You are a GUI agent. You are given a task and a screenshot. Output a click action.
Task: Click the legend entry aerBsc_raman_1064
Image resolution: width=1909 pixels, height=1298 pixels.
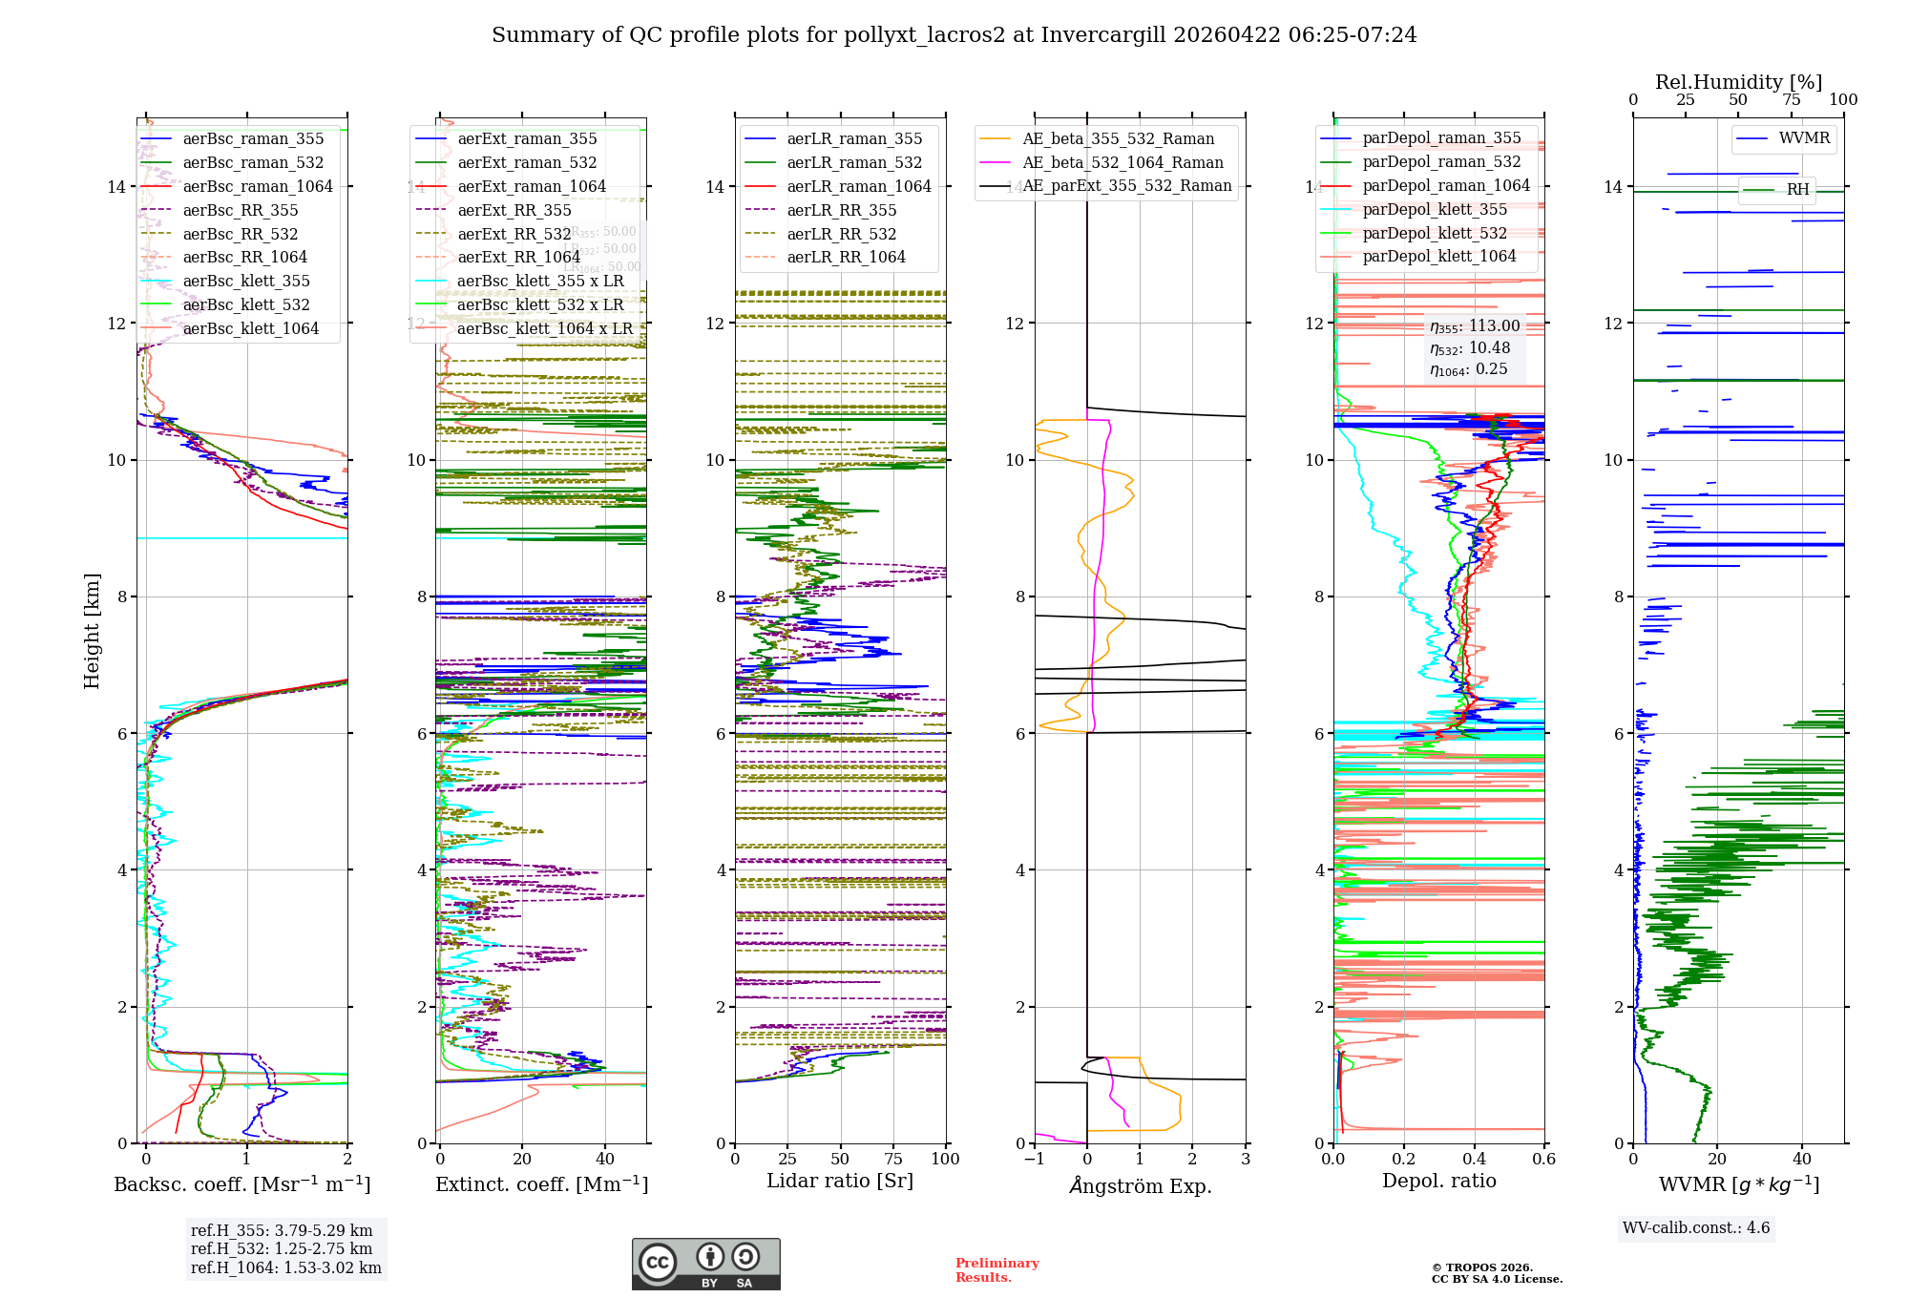258,186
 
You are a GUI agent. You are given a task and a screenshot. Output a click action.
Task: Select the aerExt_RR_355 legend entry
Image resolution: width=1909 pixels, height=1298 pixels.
514,210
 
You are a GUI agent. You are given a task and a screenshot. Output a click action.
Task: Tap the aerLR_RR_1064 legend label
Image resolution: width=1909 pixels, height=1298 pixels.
846,257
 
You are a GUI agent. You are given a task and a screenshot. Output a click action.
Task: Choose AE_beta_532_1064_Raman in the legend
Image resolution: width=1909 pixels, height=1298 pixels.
1122,162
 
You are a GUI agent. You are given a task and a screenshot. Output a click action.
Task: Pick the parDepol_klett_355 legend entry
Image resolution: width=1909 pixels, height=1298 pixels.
1435,209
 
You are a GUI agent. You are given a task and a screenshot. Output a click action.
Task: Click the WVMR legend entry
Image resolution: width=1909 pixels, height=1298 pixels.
1804,138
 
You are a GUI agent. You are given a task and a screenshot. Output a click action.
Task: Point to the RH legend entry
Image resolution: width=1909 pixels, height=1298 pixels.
1797,189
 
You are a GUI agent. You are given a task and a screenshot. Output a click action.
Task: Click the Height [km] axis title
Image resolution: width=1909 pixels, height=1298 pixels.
92,631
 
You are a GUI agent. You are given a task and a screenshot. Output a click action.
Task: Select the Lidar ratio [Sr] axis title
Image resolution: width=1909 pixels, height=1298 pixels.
840,1181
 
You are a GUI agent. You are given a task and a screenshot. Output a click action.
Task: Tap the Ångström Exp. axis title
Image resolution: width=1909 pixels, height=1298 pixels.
1140,1185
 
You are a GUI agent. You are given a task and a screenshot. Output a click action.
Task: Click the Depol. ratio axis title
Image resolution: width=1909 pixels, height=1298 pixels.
1438,1181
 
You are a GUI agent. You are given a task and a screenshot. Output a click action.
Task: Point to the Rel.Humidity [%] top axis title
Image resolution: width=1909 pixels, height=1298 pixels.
1738,82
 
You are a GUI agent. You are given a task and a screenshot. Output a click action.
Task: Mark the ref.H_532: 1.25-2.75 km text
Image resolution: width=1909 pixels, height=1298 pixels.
282,1248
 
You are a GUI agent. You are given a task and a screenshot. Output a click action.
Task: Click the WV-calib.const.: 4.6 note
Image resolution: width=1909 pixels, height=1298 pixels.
1696,1227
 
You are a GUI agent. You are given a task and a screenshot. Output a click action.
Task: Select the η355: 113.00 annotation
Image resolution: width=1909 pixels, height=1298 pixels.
1475,326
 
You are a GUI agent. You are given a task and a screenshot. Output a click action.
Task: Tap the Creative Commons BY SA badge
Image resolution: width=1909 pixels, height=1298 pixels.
705,1265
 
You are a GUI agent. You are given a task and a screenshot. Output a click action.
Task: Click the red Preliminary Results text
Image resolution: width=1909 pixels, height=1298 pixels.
996,1270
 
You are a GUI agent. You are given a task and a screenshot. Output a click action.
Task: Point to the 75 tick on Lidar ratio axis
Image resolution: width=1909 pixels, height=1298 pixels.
893,1159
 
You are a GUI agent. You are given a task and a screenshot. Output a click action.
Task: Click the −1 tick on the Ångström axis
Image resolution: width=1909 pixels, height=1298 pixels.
1034,1159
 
